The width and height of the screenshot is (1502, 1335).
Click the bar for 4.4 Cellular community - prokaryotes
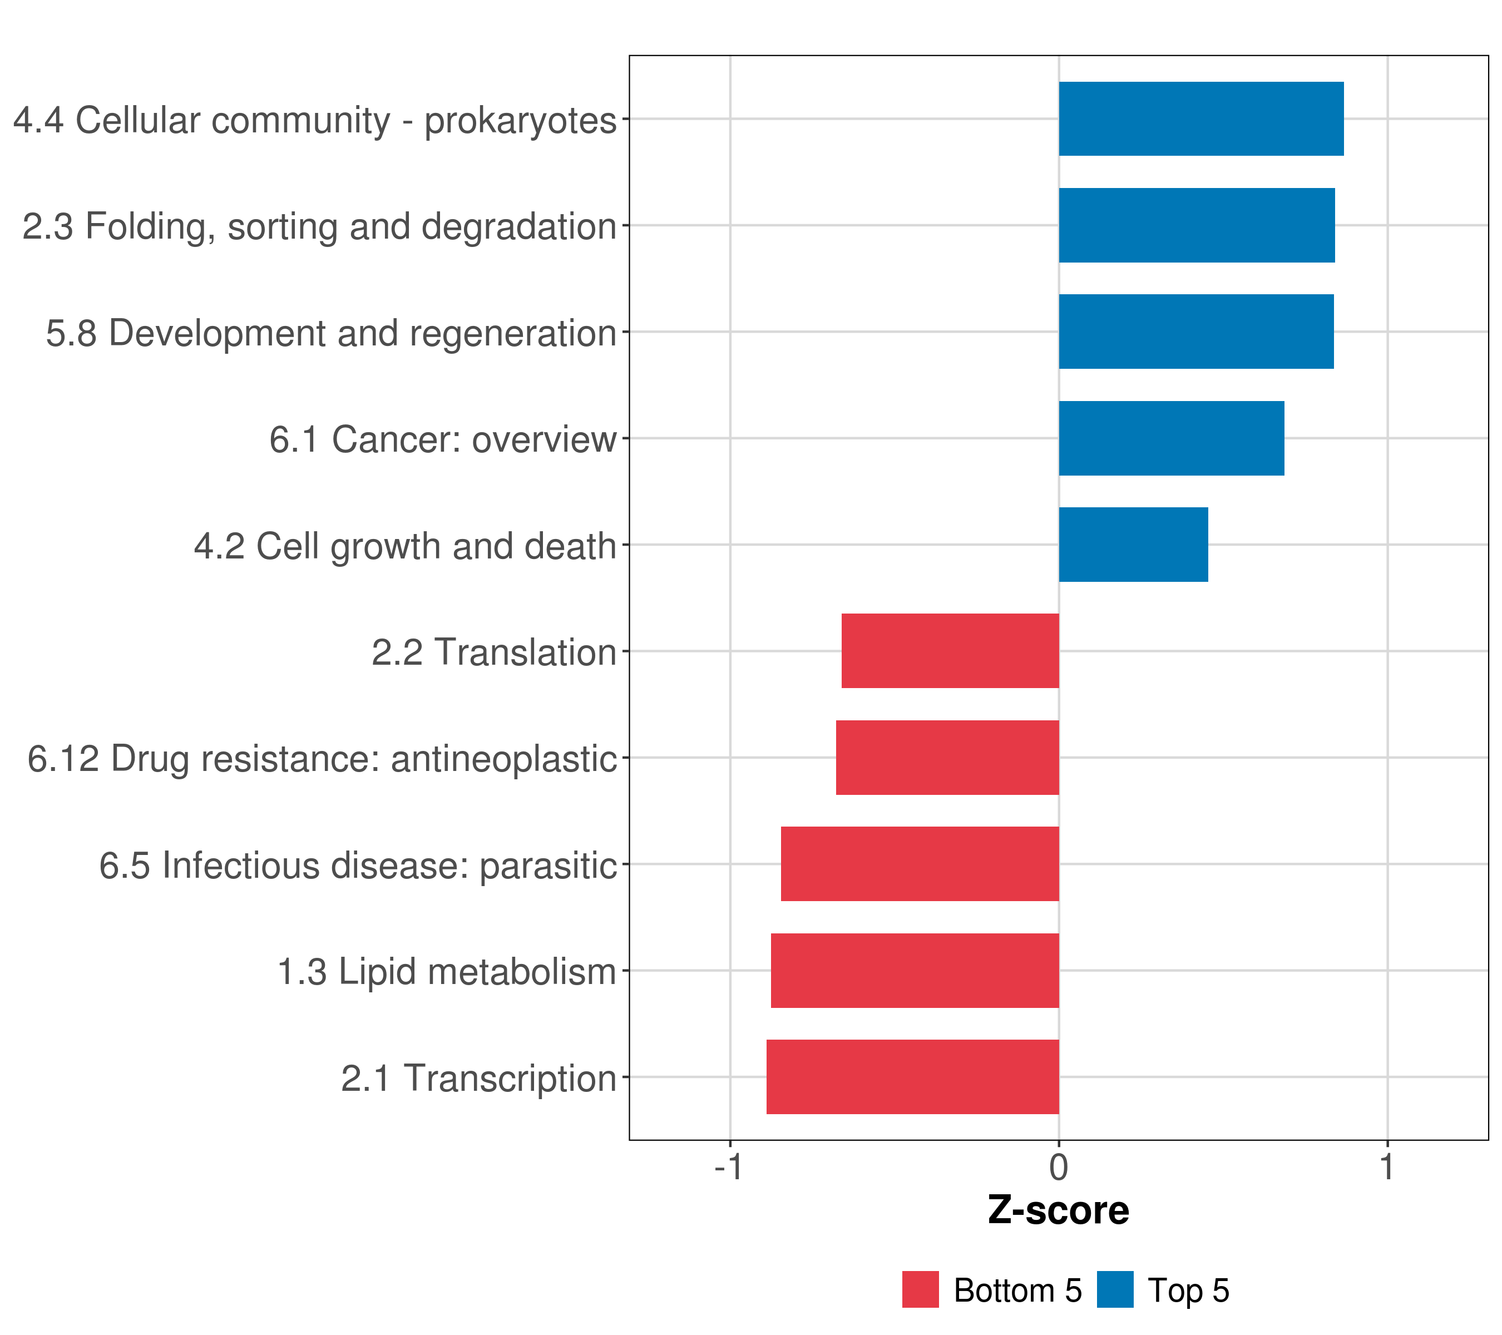(1200, 119)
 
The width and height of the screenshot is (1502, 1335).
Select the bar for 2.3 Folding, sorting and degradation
(1196, 226)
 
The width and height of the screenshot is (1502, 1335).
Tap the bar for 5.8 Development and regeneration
(1195, 332)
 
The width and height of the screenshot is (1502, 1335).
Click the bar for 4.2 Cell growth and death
(1133, 545)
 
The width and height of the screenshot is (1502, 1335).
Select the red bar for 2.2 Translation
(950, 651)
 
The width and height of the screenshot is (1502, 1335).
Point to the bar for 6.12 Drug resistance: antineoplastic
(947, 758)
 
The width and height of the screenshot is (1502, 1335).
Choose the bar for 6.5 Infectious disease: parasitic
(920, 864)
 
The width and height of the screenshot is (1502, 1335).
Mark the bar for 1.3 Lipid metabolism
(915, 971)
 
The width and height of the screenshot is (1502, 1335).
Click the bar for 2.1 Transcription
(913, 1077)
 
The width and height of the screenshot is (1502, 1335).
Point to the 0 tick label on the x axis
(1059, 1167)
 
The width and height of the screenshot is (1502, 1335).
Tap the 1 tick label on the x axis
(1387, 1167)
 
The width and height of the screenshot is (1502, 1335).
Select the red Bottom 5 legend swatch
(920, 1289)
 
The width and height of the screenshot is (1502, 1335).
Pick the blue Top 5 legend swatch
(1115, 1289)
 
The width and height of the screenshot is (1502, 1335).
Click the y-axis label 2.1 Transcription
(478, 1079)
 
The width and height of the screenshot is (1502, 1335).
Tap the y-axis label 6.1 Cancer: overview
(442, 439)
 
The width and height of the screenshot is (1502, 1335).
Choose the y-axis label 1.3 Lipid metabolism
(446, 972)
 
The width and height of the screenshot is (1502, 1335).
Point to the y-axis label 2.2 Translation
(494, 652)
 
